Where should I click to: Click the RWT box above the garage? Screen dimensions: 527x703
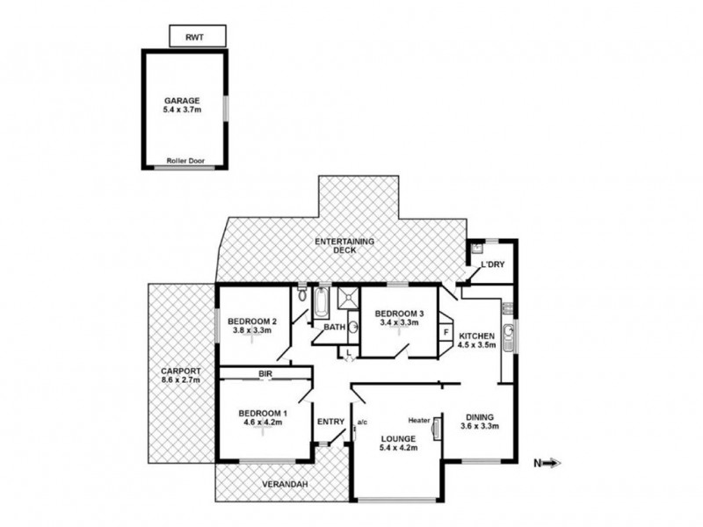coord(197,36)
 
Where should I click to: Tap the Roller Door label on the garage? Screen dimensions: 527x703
coord(185,161)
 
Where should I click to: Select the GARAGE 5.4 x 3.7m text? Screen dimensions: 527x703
coord(185,106)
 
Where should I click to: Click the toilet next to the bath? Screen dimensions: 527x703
coord(301,295)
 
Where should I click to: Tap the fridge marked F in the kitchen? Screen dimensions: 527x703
coord(446,332)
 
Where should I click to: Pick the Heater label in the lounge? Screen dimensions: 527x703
coord(418,421)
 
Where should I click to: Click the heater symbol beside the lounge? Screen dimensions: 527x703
coord(436,428)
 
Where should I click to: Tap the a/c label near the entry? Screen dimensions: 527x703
coord(361,421)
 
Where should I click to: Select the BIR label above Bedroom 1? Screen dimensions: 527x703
coord(264,374)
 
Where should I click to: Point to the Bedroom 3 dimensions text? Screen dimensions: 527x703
coord(400,323)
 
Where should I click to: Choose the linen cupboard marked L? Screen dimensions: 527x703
coord(349,352)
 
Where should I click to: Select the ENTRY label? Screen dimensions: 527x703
coord(330,422)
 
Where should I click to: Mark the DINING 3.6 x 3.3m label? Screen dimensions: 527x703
coord(480,422)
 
